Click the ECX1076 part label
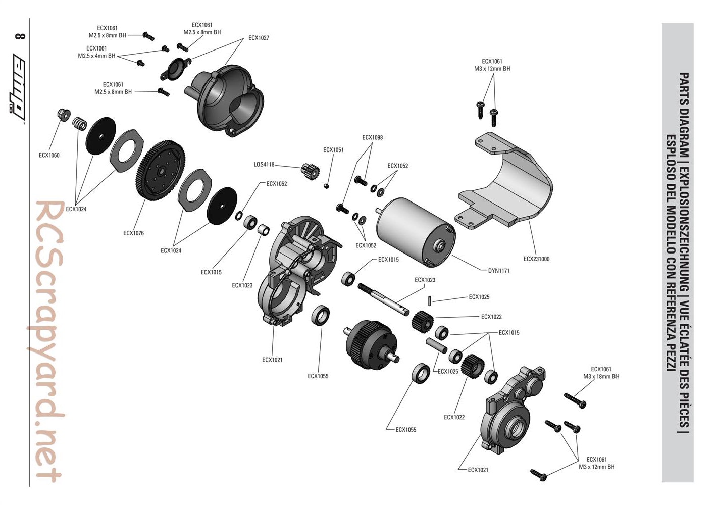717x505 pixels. click(x=133, y=233)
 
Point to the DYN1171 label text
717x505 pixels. click(x=498, y=271)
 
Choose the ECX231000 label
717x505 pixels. click(x=536, y=259)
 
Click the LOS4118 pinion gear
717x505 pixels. click(x=310, y=172)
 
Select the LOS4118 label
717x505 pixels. click(x=264, y=165)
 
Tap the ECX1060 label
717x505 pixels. click(x=49, y=155)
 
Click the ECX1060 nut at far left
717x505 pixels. click(x=64, y=114)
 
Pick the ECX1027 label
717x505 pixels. click(x=259, y=38)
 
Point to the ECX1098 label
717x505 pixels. click(x=372, y=137)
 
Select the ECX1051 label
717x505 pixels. click(x=333, y=150)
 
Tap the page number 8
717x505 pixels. click(x=20, y=36)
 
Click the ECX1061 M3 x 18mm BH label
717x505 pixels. click(x=601, y=373)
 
